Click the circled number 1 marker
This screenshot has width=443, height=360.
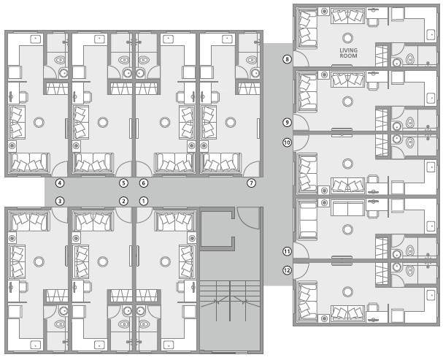click(144, 201)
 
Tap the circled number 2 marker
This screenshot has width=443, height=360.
click(123, 201)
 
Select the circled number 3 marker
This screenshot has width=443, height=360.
click(60, 201)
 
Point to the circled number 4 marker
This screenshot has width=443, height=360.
click(60, 183)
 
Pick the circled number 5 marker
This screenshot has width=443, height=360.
click(123, 183)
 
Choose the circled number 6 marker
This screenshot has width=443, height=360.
click(144, 183)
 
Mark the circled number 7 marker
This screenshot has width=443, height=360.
click(251, 183)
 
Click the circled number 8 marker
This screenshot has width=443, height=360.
click(287, 59)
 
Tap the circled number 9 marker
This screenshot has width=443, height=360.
click(287, 123)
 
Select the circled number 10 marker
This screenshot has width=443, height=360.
click(287, 142)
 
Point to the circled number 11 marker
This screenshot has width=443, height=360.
click(287, 251)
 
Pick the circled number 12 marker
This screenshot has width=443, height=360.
click(287, 270)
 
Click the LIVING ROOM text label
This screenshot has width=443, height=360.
click(349, 53)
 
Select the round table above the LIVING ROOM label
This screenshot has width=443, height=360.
click(349, 37)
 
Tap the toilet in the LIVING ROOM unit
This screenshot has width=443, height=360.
click(409, 57)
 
